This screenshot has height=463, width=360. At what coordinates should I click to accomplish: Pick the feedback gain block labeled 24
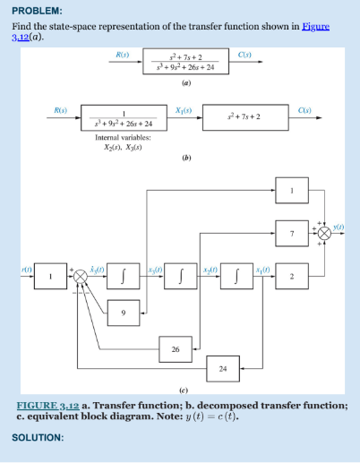coord(223,367)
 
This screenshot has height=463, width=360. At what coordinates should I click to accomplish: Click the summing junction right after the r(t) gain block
coord(81,276)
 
